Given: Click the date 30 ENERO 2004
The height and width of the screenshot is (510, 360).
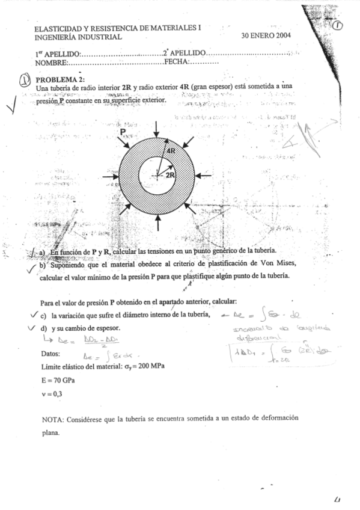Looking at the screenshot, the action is (x=266, y=36).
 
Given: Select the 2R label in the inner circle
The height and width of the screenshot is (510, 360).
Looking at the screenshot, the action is (x=170, y=174).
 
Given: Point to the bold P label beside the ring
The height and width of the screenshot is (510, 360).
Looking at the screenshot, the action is (x=122, y=131).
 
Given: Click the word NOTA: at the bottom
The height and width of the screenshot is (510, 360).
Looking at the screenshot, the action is (x=55, y=419).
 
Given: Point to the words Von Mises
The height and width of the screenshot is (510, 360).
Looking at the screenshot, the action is (x=276, y=263).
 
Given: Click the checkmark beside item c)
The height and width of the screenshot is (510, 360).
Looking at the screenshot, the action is (x=32, y=314).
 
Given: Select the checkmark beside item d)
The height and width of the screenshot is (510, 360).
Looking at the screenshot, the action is (x=32, y=328).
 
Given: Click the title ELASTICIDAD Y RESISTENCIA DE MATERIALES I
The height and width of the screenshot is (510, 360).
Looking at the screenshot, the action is (x=117, y=28).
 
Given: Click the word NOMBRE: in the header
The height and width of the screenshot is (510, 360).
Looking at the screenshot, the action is (x=52, y=62).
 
